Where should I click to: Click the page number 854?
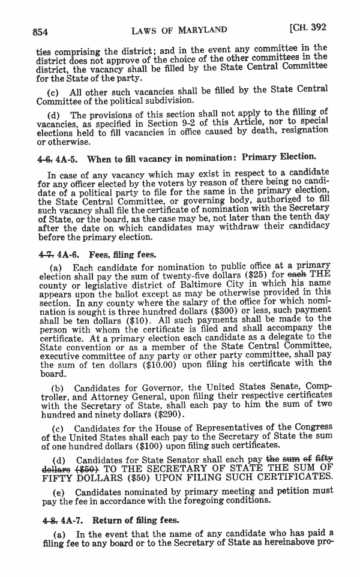[44, 31]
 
